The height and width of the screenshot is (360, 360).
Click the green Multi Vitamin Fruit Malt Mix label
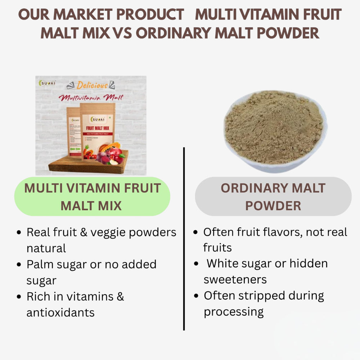[x=92, y=197]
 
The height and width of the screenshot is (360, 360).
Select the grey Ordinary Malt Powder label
[x=273, y=197]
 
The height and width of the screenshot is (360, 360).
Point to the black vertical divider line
[x=184, y=238]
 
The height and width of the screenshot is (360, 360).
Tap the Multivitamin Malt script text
[x=91, y=97]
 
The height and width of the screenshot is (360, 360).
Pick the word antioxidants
[x=60, y=312]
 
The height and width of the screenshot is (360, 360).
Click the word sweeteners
[x=235, y=279]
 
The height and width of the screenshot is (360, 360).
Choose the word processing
[x=234, y=311]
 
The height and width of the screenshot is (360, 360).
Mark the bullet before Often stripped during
[x=196, y=296]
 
